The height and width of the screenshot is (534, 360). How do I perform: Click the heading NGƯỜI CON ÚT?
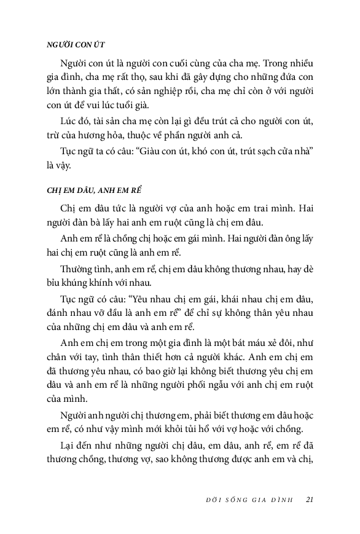pos(76,44)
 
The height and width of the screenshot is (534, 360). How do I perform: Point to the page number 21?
pos(310,499)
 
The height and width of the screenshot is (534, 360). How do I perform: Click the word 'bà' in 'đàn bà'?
pos(100,222)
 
